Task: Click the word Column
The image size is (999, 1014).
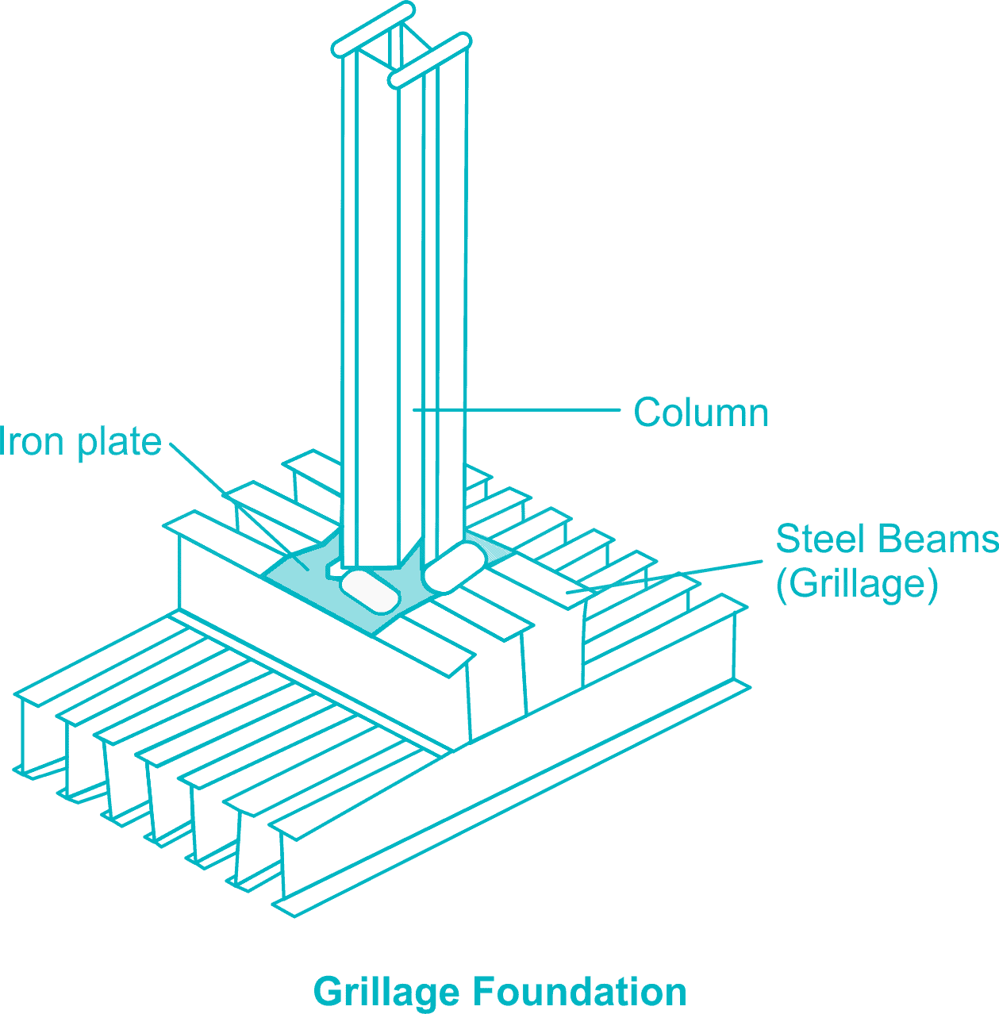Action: [x=701, y=413]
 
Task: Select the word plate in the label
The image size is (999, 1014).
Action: [x=120, y=443]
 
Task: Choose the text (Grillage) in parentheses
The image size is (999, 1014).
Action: [x=857, y=585]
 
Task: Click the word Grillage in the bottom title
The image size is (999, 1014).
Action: [x=386, y=993]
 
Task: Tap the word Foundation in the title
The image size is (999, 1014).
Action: [x=579, y=992]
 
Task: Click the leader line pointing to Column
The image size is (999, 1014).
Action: [x=516, y=410]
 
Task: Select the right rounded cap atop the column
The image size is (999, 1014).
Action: [x=429, y=60]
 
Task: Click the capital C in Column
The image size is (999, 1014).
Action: [x=646, y=413]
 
